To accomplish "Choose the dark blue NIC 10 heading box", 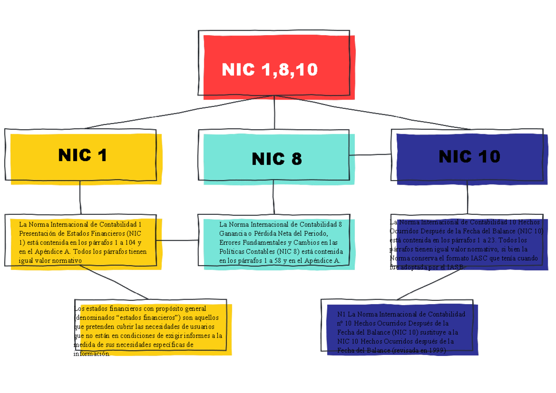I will pos(469,156).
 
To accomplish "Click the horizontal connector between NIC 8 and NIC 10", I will pos(371,155).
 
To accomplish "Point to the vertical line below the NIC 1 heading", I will pos(81,198).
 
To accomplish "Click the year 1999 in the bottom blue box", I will pos(437,351).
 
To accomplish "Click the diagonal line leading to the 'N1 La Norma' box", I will pos(426,284).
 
